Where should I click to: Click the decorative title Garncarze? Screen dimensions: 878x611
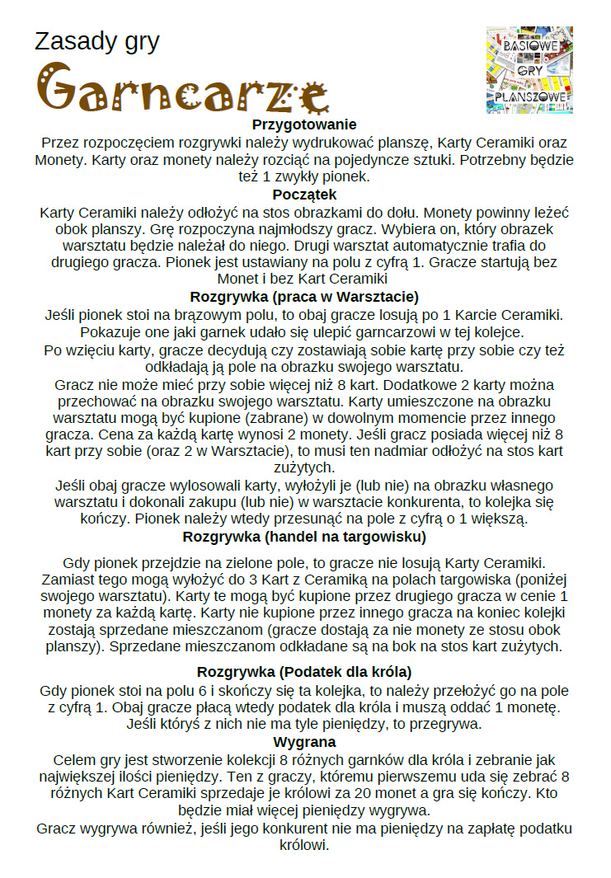[x=181, y=88]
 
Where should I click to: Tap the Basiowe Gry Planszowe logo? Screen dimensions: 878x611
[x=529, y=70]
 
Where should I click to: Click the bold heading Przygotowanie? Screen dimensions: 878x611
[x=304, y=124]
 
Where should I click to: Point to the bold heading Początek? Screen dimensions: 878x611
[x=304, y=195]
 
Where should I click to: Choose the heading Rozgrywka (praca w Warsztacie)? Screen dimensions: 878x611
[x=304, y=297]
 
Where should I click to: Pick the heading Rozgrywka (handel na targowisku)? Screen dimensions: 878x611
[x=304, y=538]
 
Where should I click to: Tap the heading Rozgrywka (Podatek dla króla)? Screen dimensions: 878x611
[x=304, y=671]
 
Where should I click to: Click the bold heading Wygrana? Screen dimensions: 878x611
[x=304, y=742]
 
